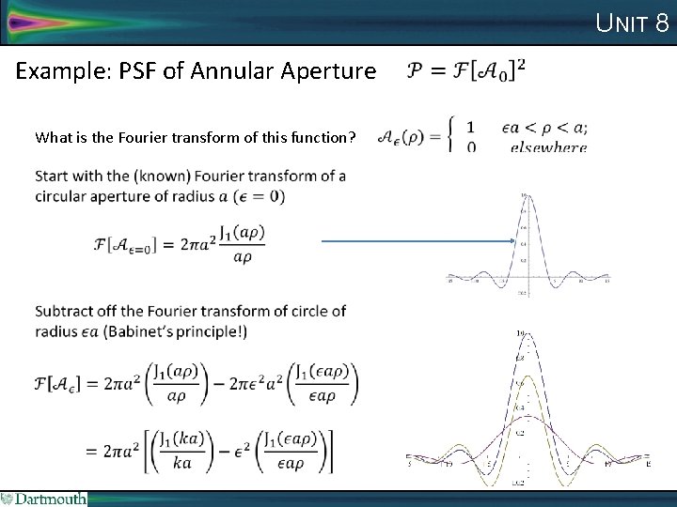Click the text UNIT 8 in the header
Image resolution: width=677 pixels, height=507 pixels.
pyautogui.click(x=634, y=22)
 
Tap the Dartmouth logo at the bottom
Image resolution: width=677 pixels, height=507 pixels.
pyautogui.click(x=44, y=499)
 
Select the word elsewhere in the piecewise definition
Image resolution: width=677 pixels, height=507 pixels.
pyautogui.click(x=549, y=146)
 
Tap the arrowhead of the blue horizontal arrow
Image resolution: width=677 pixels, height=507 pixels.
pyautogui.click(x=513, y=241)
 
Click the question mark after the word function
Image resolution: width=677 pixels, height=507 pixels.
pyautogui.click(x=352, y=138)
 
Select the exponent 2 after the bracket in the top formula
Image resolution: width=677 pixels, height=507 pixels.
pyautogui.click(x=521, y=63)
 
